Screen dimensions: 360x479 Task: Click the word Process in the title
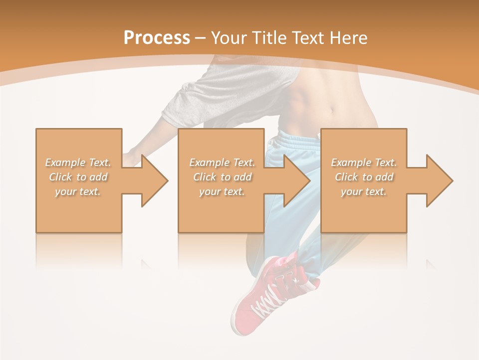[x=157, y=38]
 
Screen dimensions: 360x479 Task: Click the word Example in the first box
[x=65, y=162]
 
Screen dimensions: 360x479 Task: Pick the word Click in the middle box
[x=204, y=177]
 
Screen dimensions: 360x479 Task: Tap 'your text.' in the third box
[x=364, y=191]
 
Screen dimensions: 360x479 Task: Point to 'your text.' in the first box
[x=78, y=191]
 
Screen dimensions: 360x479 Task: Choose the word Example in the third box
[x=351, y=162]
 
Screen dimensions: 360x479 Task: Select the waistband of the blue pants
[x=297, y=138]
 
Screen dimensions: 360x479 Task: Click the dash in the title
[x=201, y=38]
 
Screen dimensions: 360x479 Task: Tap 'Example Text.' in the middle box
[x=222, y=162]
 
